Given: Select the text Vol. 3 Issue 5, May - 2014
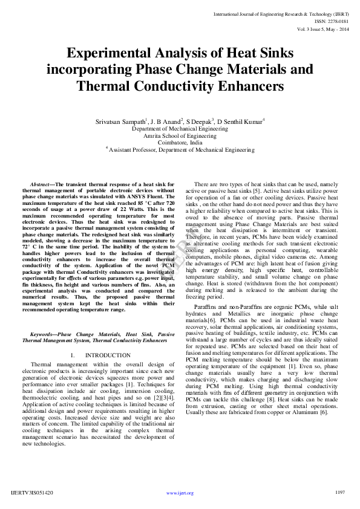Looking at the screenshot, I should tap(322, 28).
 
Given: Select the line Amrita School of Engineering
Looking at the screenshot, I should tap(180, 136).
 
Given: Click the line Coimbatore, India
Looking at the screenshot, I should tap(180, 143).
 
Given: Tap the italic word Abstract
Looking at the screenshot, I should tap(40, 183).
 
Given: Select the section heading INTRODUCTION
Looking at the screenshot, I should tap(108, 355).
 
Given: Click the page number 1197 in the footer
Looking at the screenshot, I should tap(340, 492).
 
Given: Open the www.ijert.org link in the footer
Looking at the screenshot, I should tap(180, 493).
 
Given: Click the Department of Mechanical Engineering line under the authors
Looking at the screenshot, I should tap(180, 129).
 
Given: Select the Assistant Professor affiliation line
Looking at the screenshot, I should tap(181, 149).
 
